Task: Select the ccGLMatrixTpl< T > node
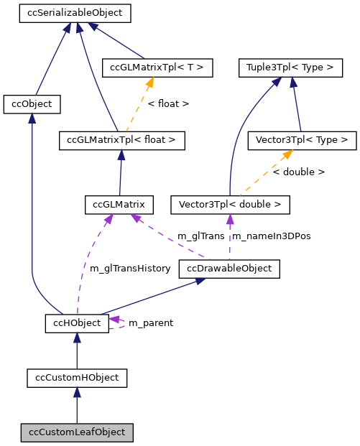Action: click(x=157, y=68)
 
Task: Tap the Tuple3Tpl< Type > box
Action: click(x=290, y=68)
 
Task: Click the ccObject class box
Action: click(x=32, y=104)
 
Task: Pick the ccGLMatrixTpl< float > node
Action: click(x=121, y=140)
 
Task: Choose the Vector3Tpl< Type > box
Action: click(x=301, y=140)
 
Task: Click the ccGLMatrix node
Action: click(x=119, y=205)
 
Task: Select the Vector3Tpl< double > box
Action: click(x=230, y=205)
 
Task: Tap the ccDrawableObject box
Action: click(x=229, y=269)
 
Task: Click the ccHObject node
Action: click(x=77, y=323)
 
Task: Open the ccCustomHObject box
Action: click(x=77, y=377)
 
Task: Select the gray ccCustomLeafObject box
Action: click(x=77, y=432)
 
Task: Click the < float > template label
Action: click(x=168, y=104)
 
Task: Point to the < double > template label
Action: click(x=298, y=172)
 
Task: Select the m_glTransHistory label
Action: click(x=130, y=269)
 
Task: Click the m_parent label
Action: click(x=150, y=323)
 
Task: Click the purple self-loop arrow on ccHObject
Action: click(x=118, y=323)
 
